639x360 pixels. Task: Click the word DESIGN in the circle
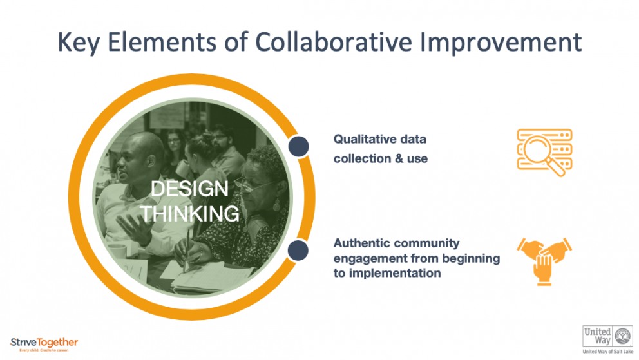(x=189, y=189)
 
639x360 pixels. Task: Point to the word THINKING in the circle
(x=190, y=213)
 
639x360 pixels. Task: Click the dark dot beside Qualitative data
(x=298, y=146)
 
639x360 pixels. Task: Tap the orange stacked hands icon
(x=544, y=260)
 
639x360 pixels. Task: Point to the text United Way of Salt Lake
(x=607, y=352)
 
